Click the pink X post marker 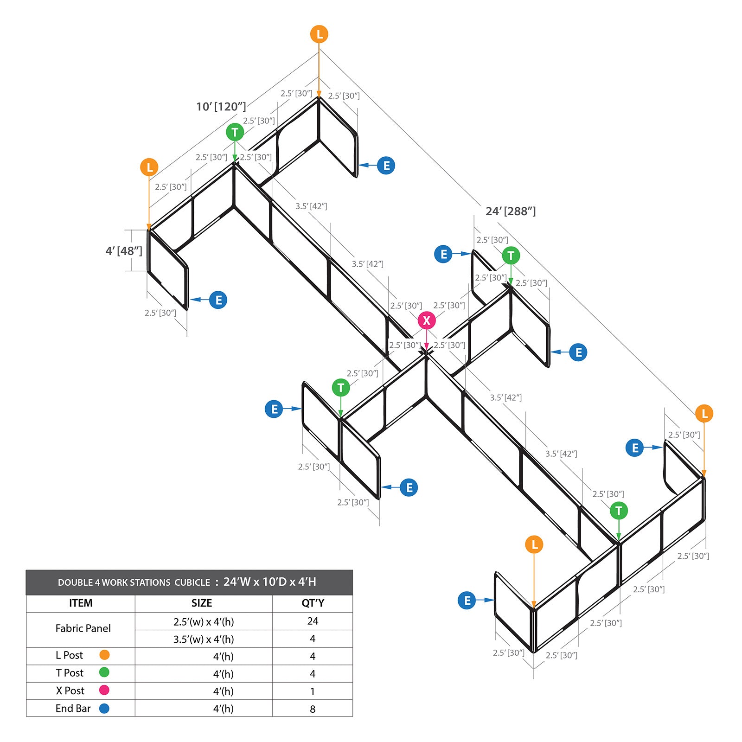(x=427, y=320)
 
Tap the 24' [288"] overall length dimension (x=511, y=211)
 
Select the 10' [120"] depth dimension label (x=221, y=107)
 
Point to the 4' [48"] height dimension (x=124, y=251)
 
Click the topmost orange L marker (x=319, y=34)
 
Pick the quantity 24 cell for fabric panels (x=313, y=621)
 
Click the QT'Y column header (x=313, y=603)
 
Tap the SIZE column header (x=202, y=603)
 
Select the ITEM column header (x=81, y=603)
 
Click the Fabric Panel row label (x=83, y=628)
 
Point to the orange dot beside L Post (x=104, y=655)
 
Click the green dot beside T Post (x=104, y=672)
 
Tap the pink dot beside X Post (x=104, y=690)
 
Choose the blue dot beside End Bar (x=104, y=708)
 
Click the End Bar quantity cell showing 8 (x=313, y=709)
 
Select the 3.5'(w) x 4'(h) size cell (x=204, y=639)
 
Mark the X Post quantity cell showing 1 (x=313, y=691)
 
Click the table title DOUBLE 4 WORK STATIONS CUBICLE (x=134, y=582)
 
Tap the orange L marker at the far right (x=704, y=413)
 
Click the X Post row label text (x=70, y=691)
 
